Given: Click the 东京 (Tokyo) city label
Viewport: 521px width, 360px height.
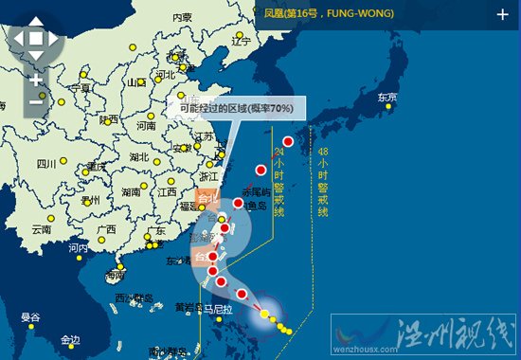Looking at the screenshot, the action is point(386,97).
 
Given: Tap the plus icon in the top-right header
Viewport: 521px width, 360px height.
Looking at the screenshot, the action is point(502,14).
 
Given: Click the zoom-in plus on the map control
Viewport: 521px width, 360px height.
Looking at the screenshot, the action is point(36,81).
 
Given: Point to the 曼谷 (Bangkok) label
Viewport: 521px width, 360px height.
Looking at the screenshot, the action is point(30,316).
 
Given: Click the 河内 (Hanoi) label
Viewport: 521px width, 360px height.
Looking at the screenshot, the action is point(78,248).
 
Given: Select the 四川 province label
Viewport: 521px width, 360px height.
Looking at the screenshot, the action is point(46,164).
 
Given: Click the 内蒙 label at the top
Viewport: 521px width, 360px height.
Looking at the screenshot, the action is point(182,17).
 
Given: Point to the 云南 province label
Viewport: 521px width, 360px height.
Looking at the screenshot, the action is point(41,229).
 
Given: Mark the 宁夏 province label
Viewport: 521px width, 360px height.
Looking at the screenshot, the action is point(81,88).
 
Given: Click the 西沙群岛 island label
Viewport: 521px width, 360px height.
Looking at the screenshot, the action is point(134,298).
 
